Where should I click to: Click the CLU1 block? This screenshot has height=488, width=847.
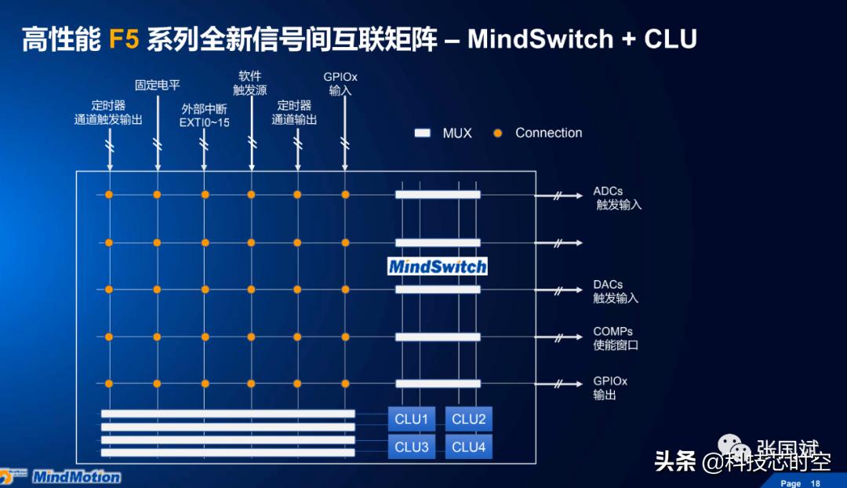pos(412,419)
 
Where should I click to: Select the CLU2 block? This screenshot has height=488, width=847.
pos(469,419)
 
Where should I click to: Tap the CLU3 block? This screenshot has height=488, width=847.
pos(412,447)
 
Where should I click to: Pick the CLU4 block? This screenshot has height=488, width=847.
pos(469,447)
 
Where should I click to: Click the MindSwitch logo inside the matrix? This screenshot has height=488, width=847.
pos(438,267)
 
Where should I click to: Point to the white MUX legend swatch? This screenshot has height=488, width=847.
pos(423,133)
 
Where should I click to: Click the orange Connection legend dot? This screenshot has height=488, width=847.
pos(497,133)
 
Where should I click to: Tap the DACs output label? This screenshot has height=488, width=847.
pos(616,291)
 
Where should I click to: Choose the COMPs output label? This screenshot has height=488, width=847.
pos(616,338)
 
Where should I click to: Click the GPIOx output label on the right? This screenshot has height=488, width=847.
pos(610,388)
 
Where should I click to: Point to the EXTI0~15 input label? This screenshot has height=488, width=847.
pos(204,116)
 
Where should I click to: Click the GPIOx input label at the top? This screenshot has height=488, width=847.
pos(340,83)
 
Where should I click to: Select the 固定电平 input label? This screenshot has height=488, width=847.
pos(158,84)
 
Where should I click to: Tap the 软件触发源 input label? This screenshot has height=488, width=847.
pos(251,83)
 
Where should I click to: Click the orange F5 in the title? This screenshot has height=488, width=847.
pos(124,39)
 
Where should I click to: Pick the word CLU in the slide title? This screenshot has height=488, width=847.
pos(671,39)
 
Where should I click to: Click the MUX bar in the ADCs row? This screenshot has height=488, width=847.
pos(438,195)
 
